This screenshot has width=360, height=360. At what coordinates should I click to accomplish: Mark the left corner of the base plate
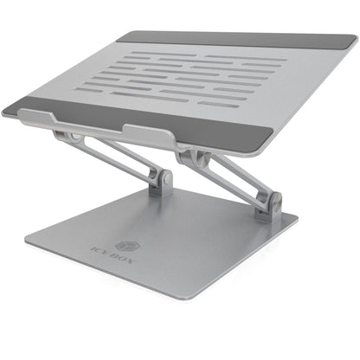[x=25, y=244]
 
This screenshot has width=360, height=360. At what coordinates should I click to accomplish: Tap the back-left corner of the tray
[x=119, y=35]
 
